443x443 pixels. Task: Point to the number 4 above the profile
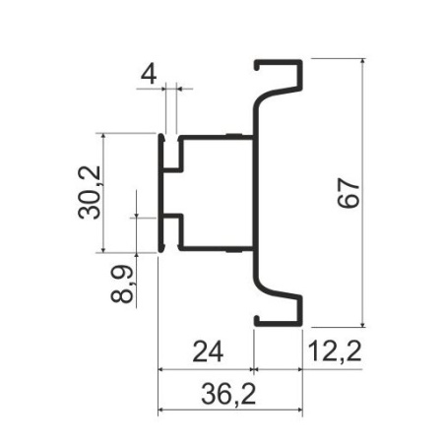click(x=149, y=74)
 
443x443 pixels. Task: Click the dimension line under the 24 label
click(x=208, y=370)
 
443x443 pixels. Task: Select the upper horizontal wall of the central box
click(x=212, y=136)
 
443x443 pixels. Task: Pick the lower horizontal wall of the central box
click(x=212, y=247)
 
